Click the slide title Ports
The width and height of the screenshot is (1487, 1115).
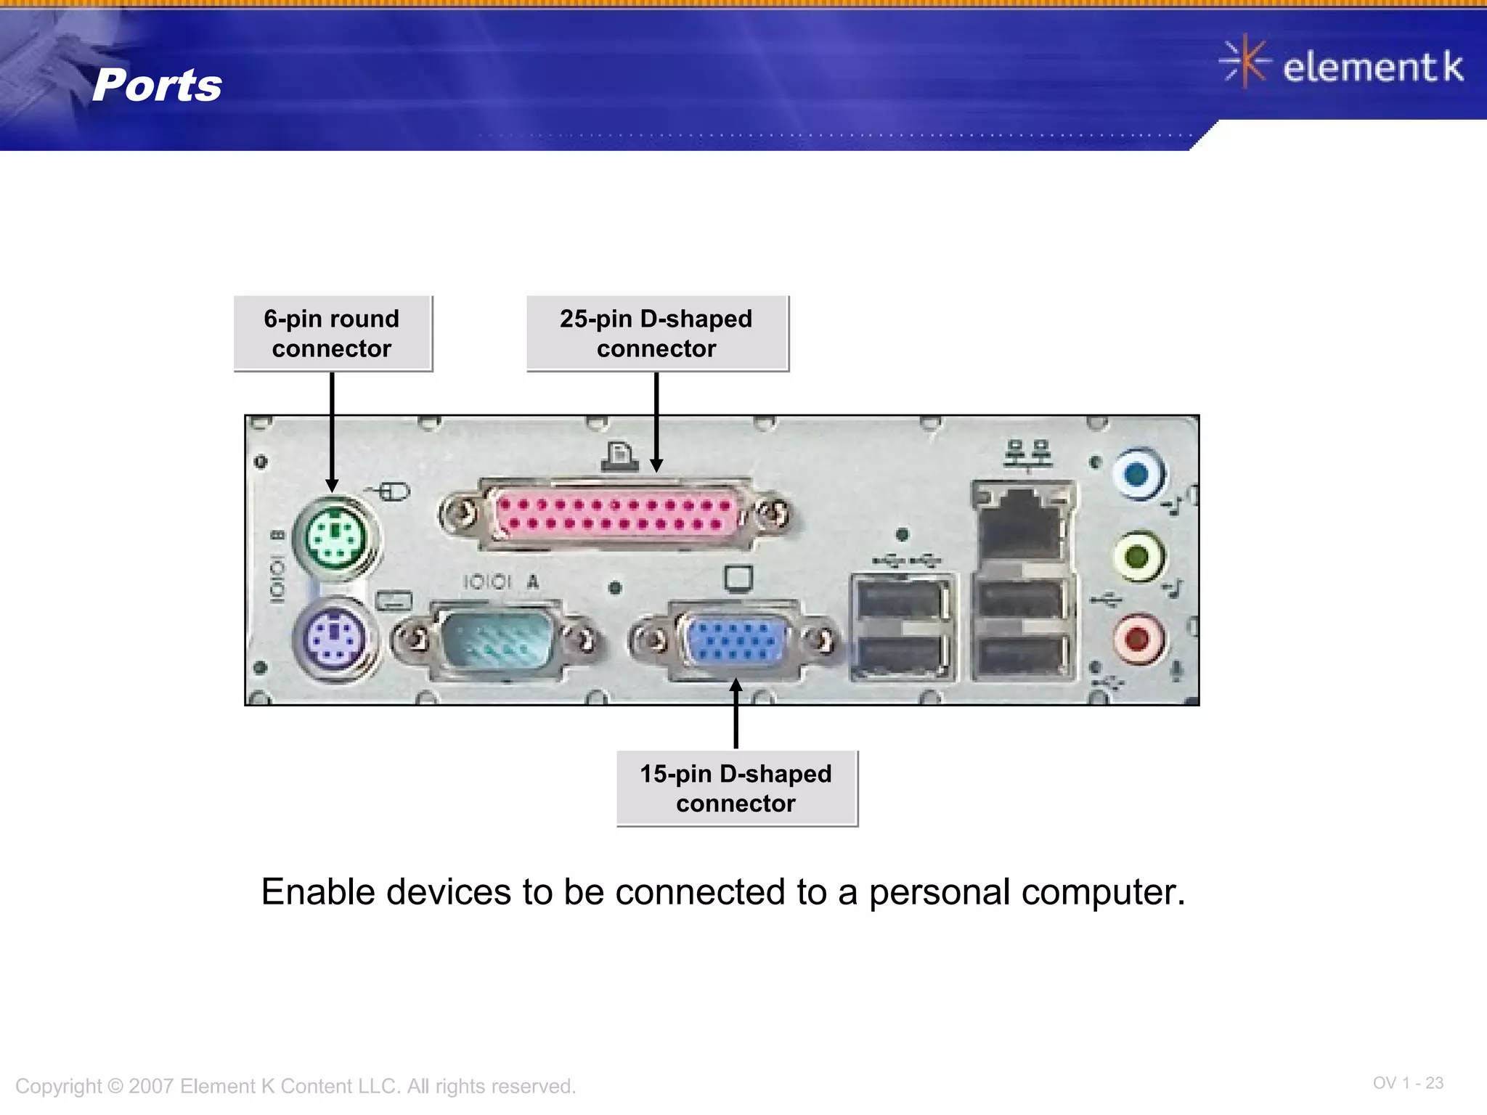click(157, 86)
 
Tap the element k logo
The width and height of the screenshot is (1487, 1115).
click(1342, 65)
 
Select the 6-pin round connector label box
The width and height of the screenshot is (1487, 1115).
click(333, 334)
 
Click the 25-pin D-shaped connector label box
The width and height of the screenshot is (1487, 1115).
click(657, 334)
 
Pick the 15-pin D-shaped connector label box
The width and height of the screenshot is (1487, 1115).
click(736, 788)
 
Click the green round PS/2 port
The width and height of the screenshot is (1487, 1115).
click(335, 538)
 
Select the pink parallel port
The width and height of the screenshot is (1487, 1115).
click(616, 514)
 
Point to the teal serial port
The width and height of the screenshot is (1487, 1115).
click(498, 638)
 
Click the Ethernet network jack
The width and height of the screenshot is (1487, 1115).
click(1022, 524)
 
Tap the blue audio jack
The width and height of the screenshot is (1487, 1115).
click(1138, 475)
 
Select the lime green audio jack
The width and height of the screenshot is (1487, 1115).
click(1138, 557)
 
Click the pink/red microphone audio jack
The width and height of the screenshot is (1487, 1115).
click(1138, 639)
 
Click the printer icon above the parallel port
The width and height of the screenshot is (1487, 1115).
click(619, 457)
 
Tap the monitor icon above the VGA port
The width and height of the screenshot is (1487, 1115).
click(738, 579)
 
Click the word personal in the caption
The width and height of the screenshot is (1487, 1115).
click(939, 892)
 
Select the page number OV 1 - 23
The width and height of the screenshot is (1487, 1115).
click(1407, 1083)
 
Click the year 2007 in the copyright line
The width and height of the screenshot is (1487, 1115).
click(152, 1087)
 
